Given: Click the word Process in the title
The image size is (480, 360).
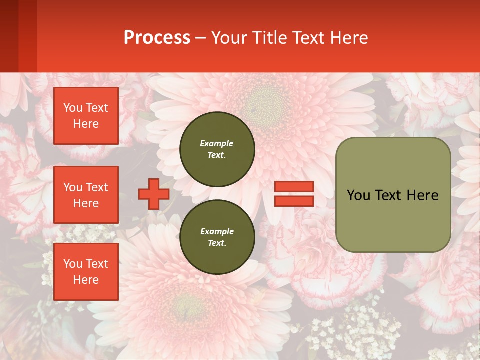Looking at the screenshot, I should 157,38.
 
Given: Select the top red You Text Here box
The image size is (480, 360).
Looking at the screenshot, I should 86,116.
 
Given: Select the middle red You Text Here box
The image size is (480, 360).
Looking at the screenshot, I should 86,195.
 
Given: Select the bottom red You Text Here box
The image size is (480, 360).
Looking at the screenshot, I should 86,271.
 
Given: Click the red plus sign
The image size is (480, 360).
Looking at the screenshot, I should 154,194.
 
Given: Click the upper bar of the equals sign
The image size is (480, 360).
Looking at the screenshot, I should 294,187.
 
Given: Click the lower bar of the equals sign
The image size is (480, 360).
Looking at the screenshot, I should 294,201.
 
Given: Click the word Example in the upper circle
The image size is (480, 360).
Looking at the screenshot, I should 216,143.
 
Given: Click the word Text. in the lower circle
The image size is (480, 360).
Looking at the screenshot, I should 217,243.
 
